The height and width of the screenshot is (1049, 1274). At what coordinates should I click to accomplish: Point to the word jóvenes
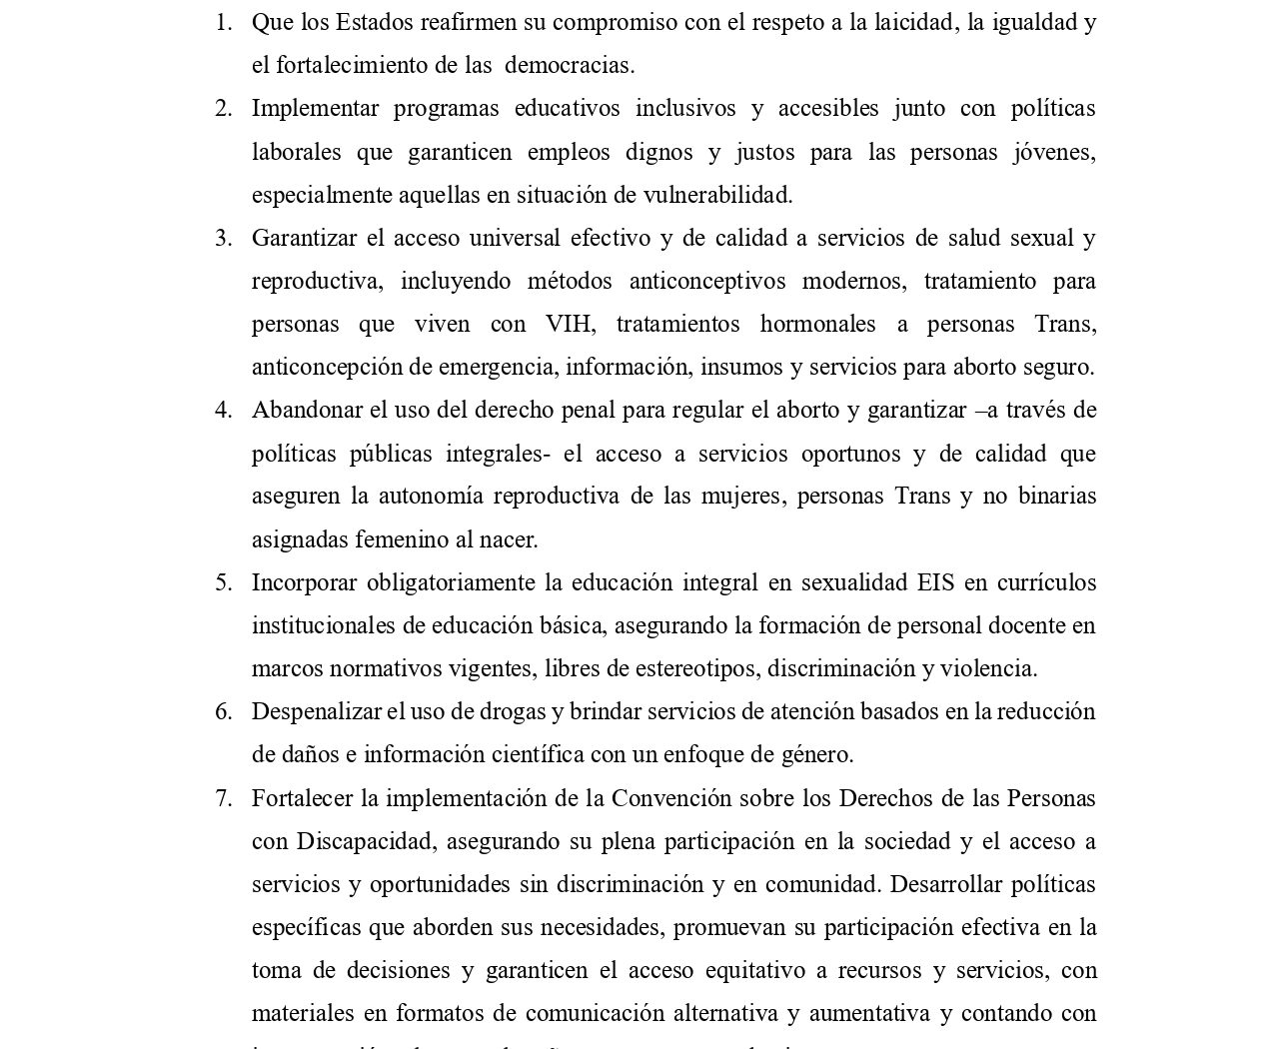pos(1054,153)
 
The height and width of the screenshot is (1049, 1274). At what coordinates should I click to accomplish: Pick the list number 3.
pos(223,239)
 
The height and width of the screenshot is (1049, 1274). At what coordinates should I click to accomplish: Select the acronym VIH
pos(569,325)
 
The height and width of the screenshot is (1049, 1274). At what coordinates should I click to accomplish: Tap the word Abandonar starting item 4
pos(302,411)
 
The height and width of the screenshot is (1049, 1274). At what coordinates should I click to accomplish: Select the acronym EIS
pos(935,583)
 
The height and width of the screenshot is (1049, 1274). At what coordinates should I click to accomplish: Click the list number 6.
pos(223,712)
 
